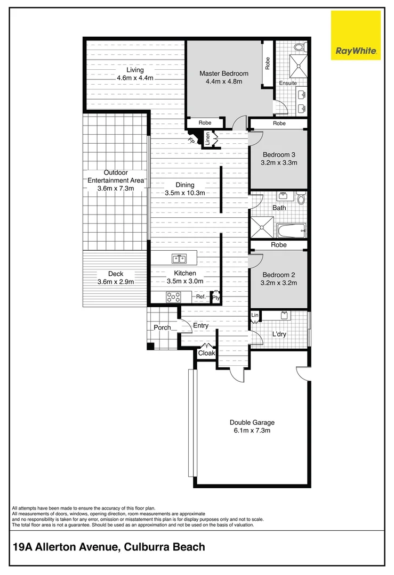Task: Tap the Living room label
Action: click(135, 70)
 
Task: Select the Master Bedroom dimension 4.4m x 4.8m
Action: click(224, 81)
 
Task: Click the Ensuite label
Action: click(288, 83)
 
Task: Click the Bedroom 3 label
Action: click(279, 154)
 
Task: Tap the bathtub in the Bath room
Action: click(291, 231)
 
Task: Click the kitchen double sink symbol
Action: click(179, 259)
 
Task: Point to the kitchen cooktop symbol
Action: click(174, 297)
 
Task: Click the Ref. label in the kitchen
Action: click(200, 297)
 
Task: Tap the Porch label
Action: click(162, 327)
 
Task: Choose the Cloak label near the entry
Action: click(206, 353)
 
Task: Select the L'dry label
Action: click(279, 335)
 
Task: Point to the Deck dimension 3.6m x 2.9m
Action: click(115, 282)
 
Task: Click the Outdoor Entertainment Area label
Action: click(116, 176)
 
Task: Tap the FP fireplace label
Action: click(190, 141)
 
